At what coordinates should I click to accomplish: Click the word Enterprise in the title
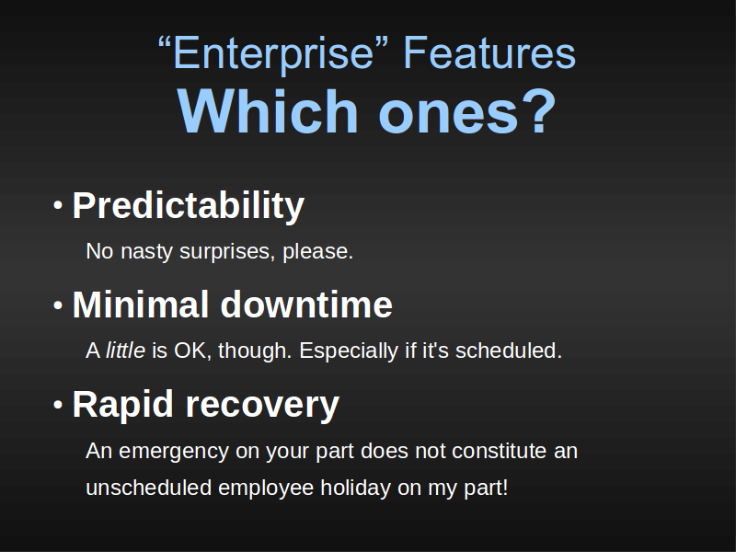(x=273, y=54)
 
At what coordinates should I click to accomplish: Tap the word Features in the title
(x=489, y=53)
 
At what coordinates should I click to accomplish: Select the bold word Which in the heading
(x=268, y=110)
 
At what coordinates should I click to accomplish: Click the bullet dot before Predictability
(x=58, y=205)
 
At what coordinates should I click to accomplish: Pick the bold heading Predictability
(x=189, y=205)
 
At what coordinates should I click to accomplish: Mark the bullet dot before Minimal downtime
(x=58, y=305)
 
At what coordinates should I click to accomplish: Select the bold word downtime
(x=306, y=305)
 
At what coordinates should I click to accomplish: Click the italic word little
(x=125, y=351)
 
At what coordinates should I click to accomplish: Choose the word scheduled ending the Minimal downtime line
(x=509, y=351)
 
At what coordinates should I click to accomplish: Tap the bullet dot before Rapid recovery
(x=58, y=405)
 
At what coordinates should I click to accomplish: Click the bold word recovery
(x=262, y=406)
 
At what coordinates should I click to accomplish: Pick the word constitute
(x=499, y=451)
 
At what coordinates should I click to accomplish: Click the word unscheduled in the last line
(x=149, y=488)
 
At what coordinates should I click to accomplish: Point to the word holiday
(x=356, y=489)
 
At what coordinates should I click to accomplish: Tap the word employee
(x=266, y=489)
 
